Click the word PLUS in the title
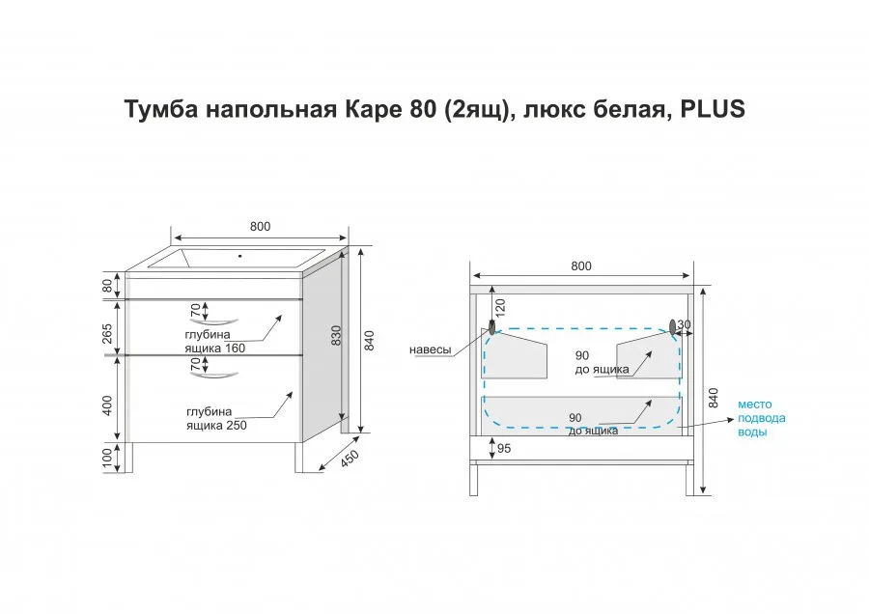pyautogui.click(x=713, y=109)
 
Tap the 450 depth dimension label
pyautogui.click(x=350, y=459)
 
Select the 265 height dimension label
pyautogui.click(x=107, y=334)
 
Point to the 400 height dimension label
pyautogui.click(x=107, y=405)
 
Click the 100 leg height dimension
pyautogui.click(x=107, y=458)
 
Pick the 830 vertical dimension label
pyautogui.click(x=336, y=335)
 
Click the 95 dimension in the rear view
pyautogui.click(x=504, y=448)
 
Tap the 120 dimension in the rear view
pyautogui.click(x=500, y=308)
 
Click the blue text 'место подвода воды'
pyautogui.click(x=761, y=418)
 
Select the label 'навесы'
pyautogui.click(x=430, y=350)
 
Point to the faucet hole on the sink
pyautogui.click(x=240, y=256)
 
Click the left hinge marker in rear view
pyautogui.click(x=491, y=327)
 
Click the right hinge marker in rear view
pyautogui.click(x=673, y=327)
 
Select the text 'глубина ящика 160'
pyautogui.click(x=215, y=342)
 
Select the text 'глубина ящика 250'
pyautogui.click(x=216, y=418)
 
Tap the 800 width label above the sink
pyautogui.click(x=260, y=227)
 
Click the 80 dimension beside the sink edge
pyautogui.click(x=107, y=286)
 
